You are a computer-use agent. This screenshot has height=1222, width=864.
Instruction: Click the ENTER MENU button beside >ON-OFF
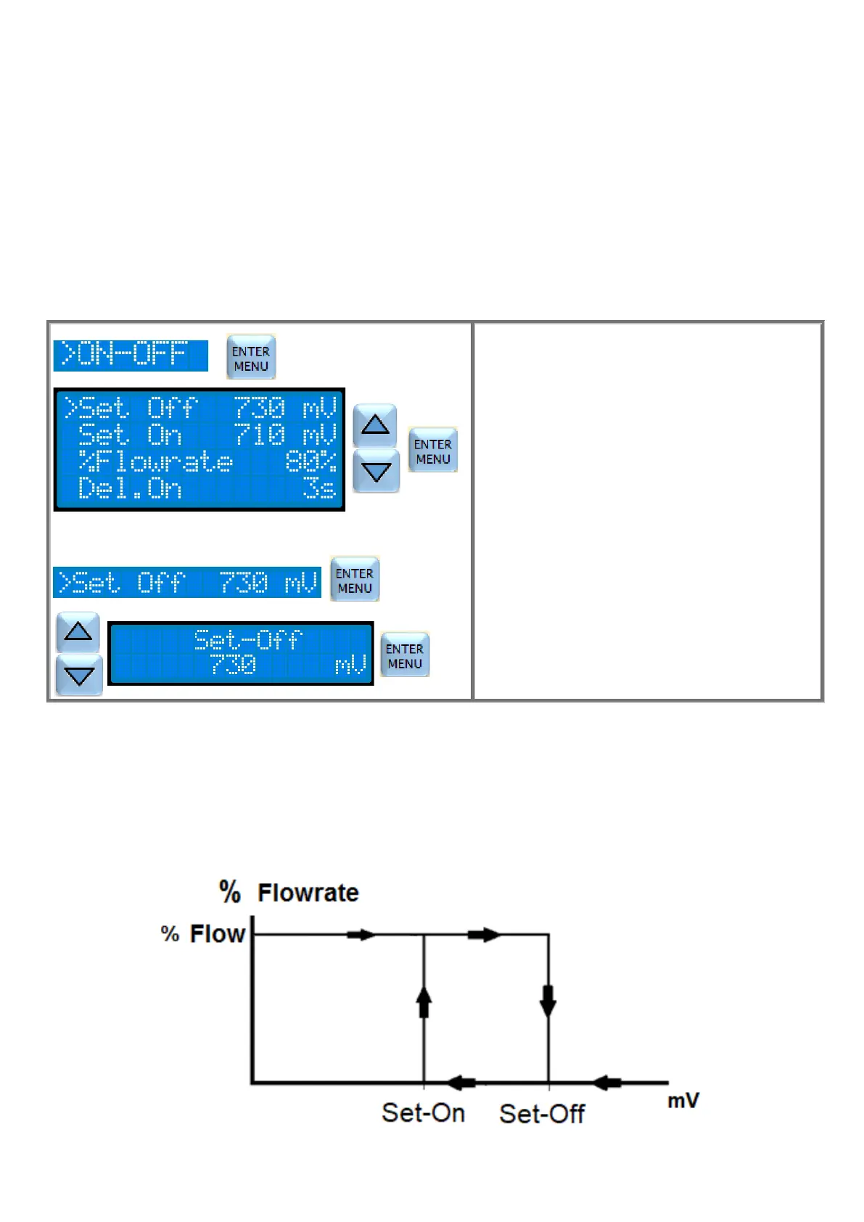tap(251, 358)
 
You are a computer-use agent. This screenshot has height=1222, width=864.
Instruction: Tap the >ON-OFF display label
tap(131, 356)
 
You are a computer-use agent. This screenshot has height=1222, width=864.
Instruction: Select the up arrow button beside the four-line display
tap(374, 425)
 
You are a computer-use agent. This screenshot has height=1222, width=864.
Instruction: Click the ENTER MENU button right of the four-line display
tap(433, 451)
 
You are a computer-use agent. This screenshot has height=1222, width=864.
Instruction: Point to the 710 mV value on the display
tap(286, 435)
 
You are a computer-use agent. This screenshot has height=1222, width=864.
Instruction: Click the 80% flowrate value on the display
tap(311, 462)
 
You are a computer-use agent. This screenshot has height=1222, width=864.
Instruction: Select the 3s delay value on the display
tap(320, 488)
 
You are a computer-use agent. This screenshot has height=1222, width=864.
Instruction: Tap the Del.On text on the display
tap(130, 488)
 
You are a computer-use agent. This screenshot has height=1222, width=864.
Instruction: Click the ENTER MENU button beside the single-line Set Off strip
tap(355, 580)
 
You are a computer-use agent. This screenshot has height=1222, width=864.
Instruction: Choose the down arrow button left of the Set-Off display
tap(79, 676)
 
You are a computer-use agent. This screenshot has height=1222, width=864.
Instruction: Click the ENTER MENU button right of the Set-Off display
tap(405, 655)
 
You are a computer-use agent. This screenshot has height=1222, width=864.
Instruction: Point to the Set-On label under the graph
tap(424, 1113)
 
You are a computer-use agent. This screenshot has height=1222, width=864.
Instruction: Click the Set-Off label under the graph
tap(542, 1114)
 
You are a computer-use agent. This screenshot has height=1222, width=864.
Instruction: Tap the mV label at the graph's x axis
tap(683, 1101)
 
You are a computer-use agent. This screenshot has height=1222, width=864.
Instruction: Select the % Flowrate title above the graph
tap(289, 892)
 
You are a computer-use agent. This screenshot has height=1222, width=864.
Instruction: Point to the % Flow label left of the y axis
tap(203, 934)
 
